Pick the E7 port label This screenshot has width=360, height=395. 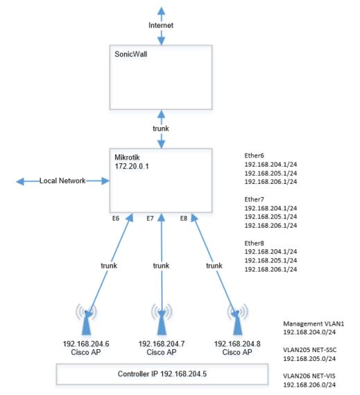(x=150, y=218)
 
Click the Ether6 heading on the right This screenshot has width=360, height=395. (x=256, y=157)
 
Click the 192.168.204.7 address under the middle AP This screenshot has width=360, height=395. (x=161, y=343)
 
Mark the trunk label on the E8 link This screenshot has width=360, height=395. (x=214, y=265)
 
